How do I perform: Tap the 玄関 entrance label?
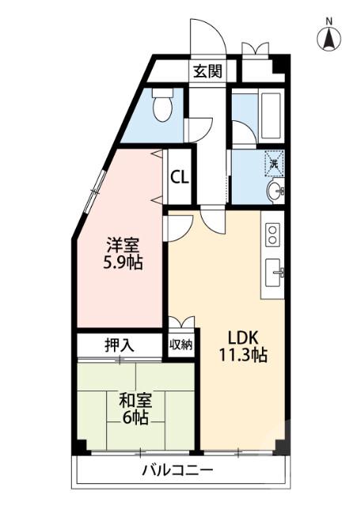click(207, 72)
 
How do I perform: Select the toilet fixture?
click(163, 106)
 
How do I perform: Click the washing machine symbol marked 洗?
click(273, 163)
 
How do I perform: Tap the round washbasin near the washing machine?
click(274, 191)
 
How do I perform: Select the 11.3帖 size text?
click(243, 355)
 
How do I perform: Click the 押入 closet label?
click(120, 345)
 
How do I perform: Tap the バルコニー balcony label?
click(177, 470)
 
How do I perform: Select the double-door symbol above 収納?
click(181, 322)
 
